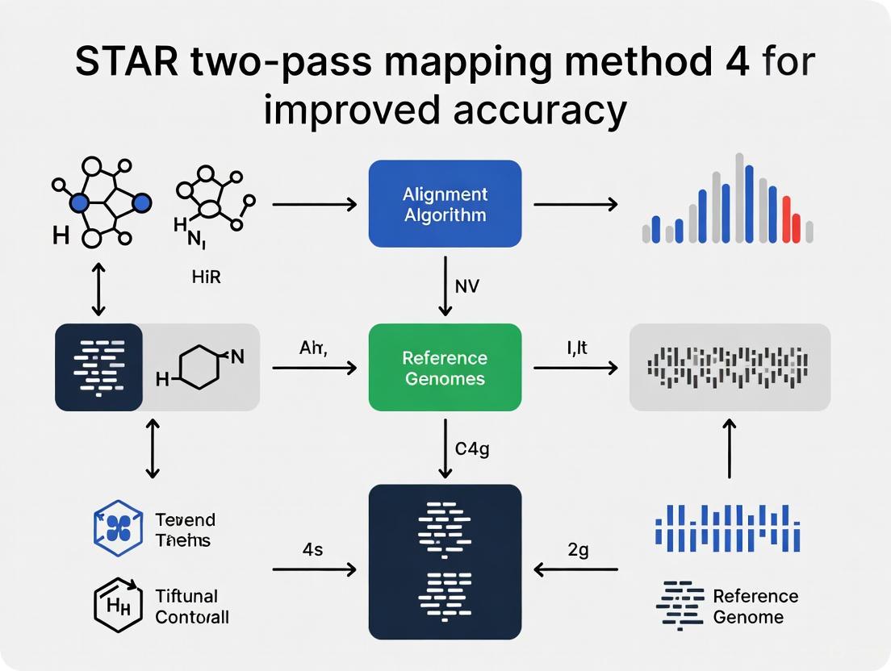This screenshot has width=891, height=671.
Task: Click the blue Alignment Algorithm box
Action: pos(445,203)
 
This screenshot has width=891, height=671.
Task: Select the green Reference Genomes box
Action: pos(445,368)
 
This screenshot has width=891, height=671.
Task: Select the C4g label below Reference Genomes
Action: pos(472,450)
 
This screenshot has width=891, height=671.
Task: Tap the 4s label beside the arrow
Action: pos(312,549)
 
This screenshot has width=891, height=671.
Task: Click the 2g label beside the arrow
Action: pos(578,549)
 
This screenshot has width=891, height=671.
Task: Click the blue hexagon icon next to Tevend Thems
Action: pos(119,529)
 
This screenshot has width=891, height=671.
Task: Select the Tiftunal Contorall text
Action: pos(191,606)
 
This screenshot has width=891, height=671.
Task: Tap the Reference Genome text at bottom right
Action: pos(755,606)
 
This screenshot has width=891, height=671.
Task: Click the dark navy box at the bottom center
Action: pos(445,561)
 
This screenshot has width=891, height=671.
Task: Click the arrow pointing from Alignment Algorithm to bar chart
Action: pos(575,204)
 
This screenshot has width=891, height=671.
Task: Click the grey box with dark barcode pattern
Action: pos(730,368)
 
